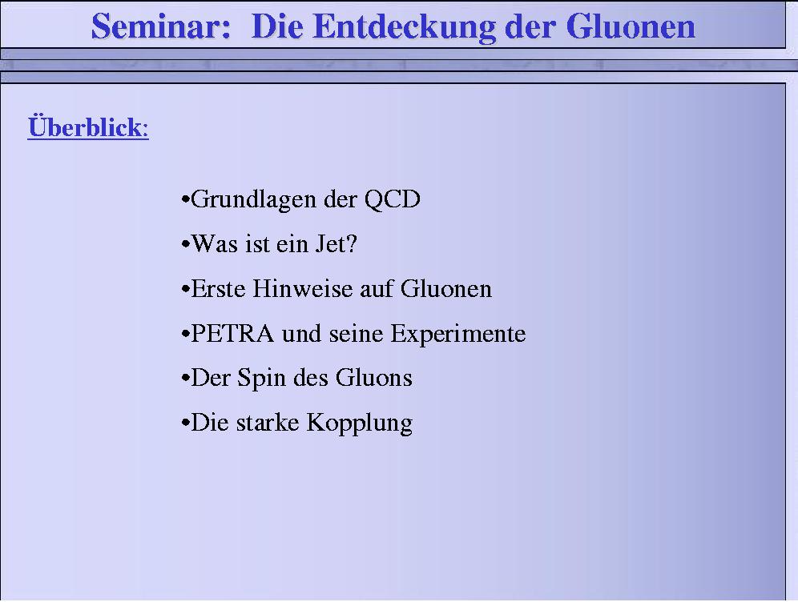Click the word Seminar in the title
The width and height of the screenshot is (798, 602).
[161, 26]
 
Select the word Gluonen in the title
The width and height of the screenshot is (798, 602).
[630, 26]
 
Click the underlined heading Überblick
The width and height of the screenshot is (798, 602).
[88, 126]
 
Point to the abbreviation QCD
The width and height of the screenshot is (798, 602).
[393, 199]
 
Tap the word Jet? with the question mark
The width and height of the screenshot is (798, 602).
[337, 243]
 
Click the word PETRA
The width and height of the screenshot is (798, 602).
[232, 334]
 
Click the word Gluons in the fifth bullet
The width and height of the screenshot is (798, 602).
[373, 378]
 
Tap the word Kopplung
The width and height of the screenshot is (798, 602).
[359, 423]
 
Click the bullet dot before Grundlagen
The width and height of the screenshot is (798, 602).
[185, 199]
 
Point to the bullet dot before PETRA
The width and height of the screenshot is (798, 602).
[185, 334]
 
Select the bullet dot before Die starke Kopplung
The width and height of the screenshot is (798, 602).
[185, 423]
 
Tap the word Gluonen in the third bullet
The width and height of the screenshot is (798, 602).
[445, 288]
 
